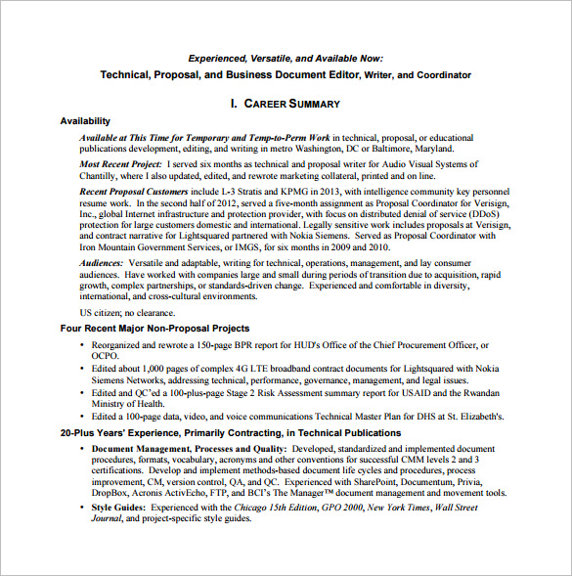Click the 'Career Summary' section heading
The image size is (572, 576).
(285, 103)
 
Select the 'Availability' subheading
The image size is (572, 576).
(85, 121)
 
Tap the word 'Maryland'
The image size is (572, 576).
(429, 149)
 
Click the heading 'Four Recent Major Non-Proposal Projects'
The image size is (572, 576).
(154, 329)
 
